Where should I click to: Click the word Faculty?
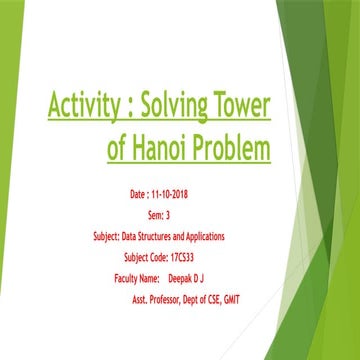[119, 279]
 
